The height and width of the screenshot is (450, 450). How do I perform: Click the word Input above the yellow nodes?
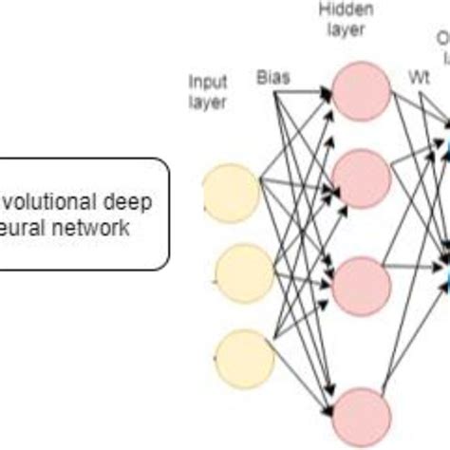(x=207, y=83)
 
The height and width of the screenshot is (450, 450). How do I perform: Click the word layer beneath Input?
(x=207, y=102)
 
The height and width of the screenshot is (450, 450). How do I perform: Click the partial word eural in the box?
(x=25, y=229)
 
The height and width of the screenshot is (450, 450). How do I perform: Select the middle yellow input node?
(x=244, y=272)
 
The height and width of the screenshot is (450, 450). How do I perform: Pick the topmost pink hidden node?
(x=362, y=93)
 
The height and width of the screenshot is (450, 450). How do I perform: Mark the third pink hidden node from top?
(x=362, y=284)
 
